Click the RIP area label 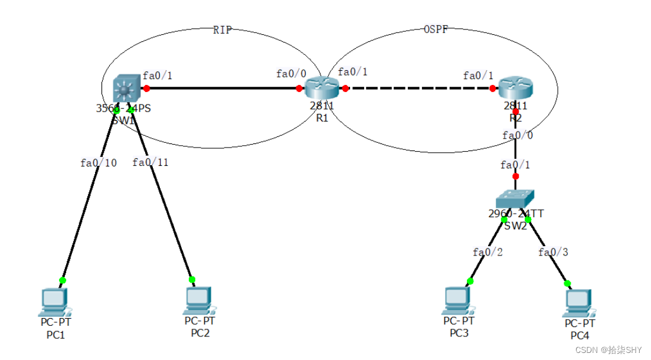point(223,31)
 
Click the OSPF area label point(436,31)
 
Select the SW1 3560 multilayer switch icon point(125,89)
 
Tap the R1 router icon point(322,89)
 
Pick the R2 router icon point(515,89)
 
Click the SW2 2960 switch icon point(515,199)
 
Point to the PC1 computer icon point(55,302)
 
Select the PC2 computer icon point(199,301)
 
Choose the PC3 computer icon point(458,302)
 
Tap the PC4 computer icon point(579,303)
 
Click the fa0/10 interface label point(99,163)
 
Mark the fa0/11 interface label point(151,162)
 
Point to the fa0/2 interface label point(488,252)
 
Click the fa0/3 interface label point(553,252)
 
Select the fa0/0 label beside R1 point(291,74)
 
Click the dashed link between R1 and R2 point(419,89)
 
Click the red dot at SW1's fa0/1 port point(146,89)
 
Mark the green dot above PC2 point(192,279)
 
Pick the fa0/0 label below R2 point(518,135)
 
